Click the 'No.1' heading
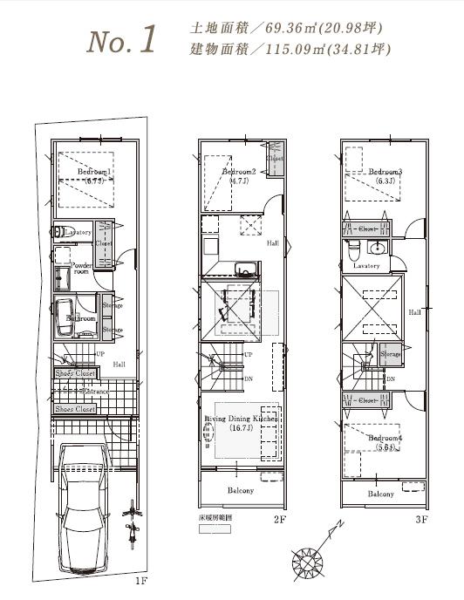[122, 39]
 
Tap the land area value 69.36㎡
[290, 29]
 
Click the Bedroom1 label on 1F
[93, 173]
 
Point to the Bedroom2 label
[238, 173]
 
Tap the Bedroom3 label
[385, 173]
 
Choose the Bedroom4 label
[384, 437]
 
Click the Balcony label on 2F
[241, 491]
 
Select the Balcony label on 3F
[381, 494]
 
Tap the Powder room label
[81, 268]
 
